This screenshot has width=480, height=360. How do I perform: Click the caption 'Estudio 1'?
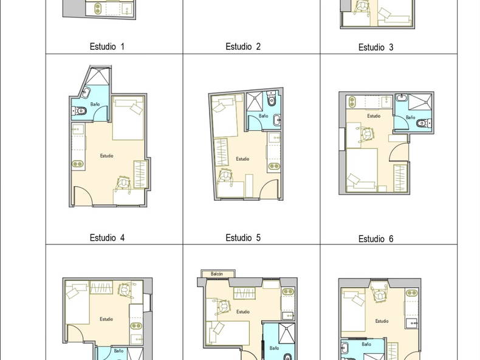click(107, 46)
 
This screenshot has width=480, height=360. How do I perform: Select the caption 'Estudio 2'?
click(243, 46)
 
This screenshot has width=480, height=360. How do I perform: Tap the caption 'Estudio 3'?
click(375, 47)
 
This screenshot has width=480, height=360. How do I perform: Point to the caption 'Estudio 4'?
click(107, 237)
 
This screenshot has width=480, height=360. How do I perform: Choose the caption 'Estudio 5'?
click(243, 237)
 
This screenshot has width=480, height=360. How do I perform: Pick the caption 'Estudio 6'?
click(375, 239)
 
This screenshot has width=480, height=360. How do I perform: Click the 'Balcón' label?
click(217, 274)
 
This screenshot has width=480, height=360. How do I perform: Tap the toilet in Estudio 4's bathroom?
click(80, 111)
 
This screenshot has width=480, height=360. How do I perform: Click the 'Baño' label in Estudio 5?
click(263, 116)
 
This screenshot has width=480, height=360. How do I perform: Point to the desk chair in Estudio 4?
click(124, 182)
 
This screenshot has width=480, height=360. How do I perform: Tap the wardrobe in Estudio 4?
click(141, 174)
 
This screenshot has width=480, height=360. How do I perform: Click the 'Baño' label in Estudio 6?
click(410, 117)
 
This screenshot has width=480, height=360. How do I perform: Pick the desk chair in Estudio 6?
click(368, 134)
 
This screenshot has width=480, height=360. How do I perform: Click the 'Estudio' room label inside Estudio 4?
click(106, 156)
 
